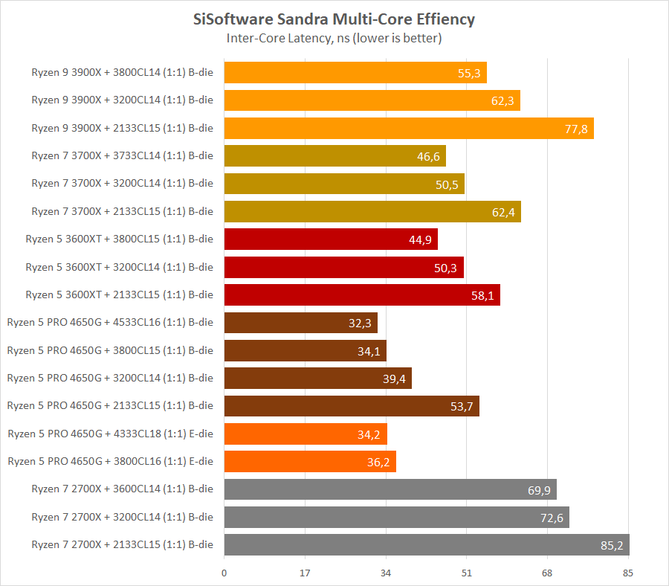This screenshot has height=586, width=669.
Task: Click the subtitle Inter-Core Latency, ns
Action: point(334,39)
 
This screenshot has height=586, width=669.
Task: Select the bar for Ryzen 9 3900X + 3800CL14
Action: point(355,73)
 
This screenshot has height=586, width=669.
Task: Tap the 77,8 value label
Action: point(576,129)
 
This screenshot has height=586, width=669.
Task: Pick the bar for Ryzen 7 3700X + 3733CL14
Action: point(334,156)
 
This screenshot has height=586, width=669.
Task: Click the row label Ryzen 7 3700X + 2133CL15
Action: point(122,212)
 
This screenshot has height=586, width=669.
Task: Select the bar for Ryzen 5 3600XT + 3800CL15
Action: point(330,239)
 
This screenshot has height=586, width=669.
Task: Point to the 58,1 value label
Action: point(482,295)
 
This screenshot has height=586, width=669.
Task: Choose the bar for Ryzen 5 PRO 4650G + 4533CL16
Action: point(300,323)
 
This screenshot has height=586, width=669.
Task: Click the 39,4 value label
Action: point(394,379)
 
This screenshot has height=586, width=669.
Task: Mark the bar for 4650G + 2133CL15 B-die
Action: point(351,406)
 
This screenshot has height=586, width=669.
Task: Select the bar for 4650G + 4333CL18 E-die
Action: point(305,434)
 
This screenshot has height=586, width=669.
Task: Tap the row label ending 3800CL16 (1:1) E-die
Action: point(110,461)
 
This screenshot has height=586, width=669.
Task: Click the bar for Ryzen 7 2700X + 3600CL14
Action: point(390,489)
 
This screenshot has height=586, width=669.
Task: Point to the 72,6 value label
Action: point(552,517)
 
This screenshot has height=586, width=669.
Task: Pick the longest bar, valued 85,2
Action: point(426,544)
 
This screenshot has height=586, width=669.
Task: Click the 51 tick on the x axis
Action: point(466,573)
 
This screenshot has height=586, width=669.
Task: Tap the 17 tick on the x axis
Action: point(305,573)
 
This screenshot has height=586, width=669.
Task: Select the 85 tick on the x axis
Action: point(628,573)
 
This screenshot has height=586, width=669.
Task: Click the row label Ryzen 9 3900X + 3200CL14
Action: point(122,100)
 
